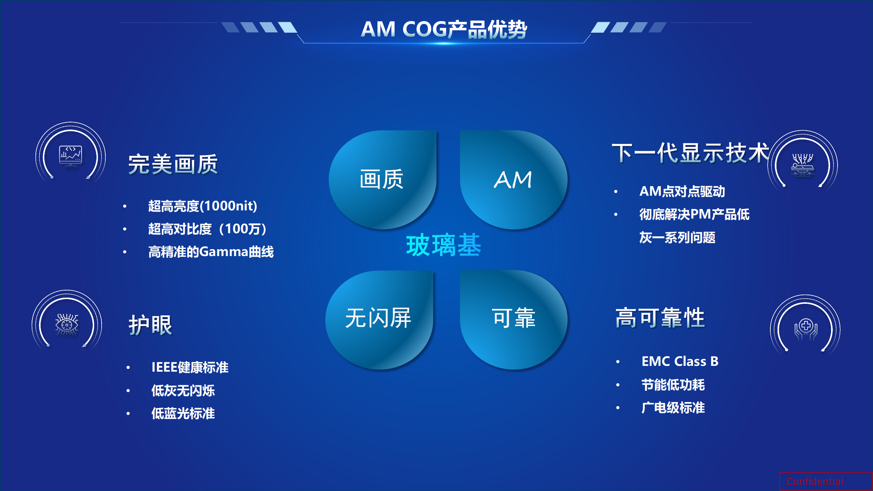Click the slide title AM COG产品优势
point(444,29)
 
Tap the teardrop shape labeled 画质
point(382,180)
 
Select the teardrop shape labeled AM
point(514,180)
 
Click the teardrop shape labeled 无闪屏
point(379,320)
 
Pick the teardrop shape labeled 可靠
point(514,320)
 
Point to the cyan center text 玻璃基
point(443,245)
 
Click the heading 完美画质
point(173,164)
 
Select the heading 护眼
point(150,325)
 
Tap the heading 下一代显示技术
point(691,153)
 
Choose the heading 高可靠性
point(660,317)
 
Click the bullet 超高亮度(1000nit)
point(203,206)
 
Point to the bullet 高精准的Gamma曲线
point(211,252)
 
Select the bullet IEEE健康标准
point(190,367)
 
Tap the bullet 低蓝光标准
point(183,413)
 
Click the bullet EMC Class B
point(680,361)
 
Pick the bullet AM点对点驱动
point(682,191)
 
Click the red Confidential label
point(815,481)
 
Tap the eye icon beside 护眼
point(67,324)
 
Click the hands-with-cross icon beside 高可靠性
point(806,329)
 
